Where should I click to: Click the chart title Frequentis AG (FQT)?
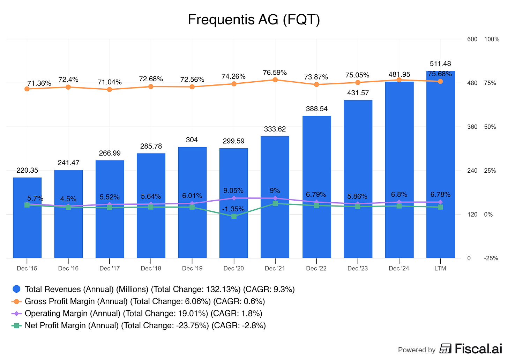pyautogui.click(x=254, y=20)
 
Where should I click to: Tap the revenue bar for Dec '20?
pyautogui.click(x=234, y=237)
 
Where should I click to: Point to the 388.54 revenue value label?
pyautogui.click(x=317, y=109)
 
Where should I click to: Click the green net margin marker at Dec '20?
pyautogui.click(x=234, y=216)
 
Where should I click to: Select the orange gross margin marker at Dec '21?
pyautogui.click(x=275, y=80)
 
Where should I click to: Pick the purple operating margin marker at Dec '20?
pyautogui.click(x=234, y=198)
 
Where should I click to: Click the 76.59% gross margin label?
pyautogui.click(x=275, y=73)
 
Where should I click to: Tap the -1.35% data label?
pyautogui.click(x=234, y=209)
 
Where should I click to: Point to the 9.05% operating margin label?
pyautogui.click(x=234, y=191)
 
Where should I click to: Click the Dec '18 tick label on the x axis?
pyautogui.click(x=151, y=268)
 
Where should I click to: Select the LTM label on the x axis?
pyautogui.click(x=440, y=268)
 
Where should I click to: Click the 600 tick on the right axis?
pyautogui.click(x=472, y=39)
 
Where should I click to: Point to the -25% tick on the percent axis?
pyautogui.click(x=491, y=258)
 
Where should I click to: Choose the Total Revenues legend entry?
pyautogui.click(x=154, y=289)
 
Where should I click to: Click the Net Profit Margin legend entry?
pyautogui.click(x=140, y=325)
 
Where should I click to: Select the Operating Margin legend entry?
pyautogui.click(x=138, y=313)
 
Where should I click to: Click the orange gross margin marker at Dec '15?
pyautogui.click(x=27, y=89)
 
